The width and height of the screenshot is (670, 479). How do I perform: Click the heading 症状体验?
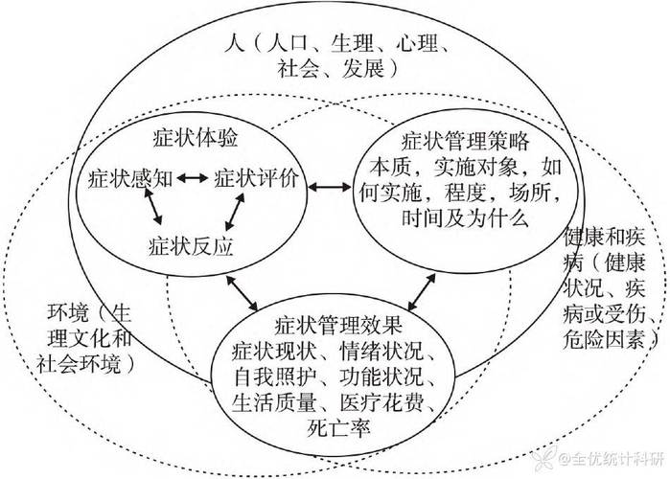pos(196,138)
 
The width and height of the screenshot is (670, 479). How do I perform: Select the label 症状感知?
pos(130,178)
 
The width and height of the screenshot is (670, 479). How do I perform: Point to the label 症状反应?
pos(191,246)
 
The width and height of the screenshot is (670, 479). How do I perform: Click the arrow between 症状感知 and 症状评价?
pos(193,178)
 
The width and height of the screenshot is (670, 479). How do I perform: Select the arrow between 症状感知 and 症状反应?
pos(153,206)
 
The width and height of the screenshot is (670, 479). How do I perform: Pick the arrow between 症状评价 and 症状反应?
pos(235,212)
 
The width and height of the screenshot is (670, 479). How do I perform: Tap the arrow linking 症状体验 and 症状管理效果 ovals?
pos(242,293)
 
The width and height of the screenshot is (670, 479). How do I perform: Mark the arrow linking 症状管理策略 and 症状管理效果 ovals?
pos(422,292)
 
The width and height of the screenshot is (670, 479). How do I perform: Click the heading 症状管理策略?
pos(465,141)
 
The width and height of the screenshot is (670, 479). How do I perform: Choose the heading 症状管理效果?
pos(338,326)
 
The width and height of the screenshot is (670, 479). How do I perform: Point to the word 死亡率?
pos(338,428)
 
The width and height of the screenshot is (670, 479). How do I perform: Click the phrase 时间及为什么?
pos(465,218)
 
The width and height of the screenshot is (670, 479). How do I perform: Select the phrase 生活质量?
pos(274,402)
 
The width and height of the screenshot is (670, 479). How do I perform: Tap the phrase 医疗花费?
pos(382,402)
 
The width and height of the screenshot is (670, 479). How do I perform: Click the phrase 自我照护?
pos(274,376)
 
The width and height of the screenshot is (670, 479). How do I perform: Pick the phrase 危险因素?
pos(603,340)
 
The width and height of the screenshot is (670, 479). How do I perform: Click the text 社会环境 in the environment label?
pos(79,364)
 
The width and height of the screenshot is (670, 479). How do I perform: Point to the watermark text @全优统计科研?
pos(612,460)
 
